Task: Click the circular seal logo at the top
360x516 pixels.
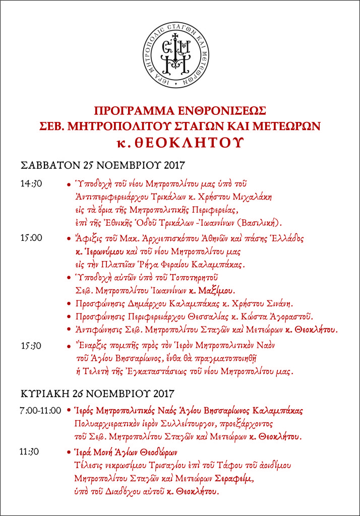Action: pyautogui.click(x=180, y=54)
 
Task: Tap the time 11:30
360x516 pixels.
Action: pyautogui.click(x=30, y=451)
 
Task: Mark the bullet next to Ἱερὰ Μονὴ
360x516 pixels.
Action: pyautogui.click(x=68, y=452)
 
